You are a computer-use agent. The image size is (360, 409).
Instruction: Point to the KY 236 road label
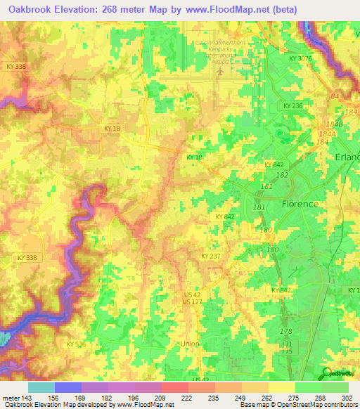(292, 105)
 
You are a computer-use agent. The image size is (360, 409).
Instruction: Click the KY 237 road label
(210, 257)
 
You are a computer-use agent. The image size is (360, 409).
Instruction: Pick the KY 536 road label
(76, 344)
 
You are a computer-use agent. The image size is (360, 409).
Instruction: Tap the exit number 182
(281, 174)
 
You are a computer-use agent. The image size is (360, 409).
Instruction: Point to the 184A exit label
(326, 133)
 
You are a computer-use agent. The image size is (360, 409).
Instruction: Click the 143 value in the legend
(25, 398)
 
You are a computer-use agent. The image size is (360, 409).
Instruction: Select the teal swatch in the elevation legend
(41, 387)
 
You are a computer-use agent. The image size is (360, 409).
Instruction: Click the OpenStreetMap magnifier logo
(326, 374)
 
